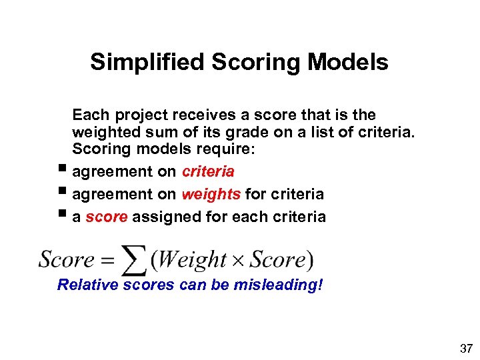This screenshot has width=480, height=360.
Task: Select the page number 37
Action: tap(466, 349)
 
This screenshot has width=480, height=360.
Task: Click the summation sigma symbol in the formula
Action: tap(135, 261)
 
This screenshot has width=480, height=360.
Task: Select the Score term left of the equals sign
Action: tap(67, 259)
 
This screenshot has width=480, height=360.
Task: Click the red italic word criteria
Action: tap(208, 171)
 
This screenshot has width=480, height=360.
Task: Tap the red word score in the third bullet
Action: tap(107, 217)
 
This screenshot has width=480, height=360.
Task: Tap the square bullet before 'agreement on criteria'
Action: tap(63, 170)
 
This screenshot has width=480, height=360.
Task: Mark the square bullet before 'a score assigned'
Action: tap(63, 215)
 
